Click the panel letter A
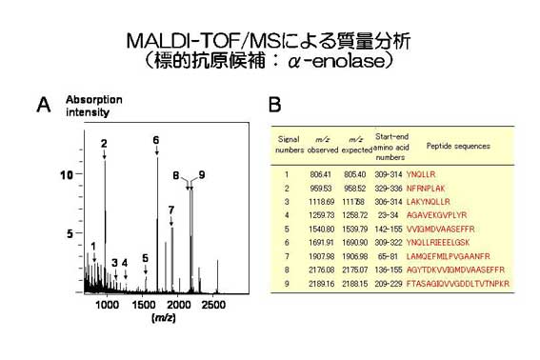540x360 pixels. click(43, 106)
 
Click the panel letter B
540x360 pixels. click(273, 105)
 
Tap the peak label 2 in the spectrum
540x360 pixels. click(104, 143)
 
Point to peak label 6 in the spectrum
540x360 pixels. click(156, 141)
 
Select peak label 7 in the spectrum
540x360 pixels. click(170, 209)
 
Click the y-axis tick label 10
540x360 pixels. click(66, 176)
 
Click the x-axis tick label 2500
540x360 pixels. click(213, 304)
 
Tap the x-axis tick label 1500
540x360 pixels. click(143, 304)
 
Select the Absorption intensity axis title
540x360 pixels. click(87, 106)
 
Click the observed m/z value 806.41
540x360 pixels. click(320, 174)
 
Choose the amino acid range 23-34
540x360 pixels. click(390, 215)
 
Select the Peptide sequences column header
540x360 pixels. click(458, 146)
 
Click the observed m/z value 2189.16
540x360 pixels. click(320, 284)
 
